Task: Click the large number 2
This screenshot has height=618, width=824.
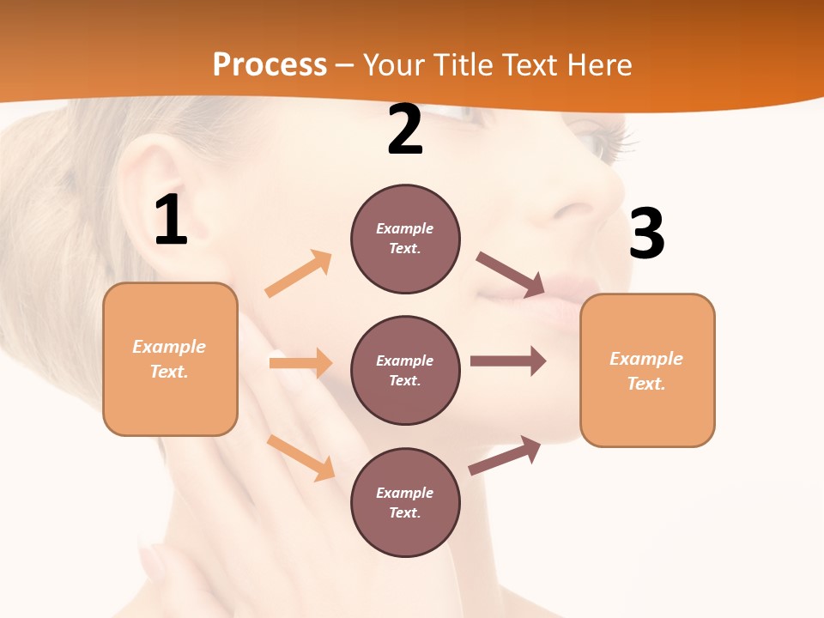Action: [404, 130]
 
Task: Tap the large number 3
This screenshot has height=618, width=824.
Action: [646, 233]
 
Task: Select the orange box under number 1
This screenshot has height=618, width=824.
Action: [170, 359]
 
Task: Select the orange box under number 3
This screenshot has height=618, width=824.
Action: [647, 370]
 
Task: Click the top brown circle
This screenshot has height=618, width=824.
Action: [405, 239]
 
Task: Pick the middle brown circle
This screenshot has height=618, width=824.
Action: [405, 370]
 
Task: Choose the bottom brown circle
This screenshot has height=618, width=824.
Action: [405, 502]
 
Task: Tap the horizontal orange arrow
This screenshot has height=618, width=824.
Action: [300, 363]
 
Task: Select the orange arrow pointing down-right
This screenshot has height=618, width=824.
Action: [301, 457]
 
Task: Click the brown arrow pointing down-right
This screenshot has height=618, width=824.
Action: [512, 274]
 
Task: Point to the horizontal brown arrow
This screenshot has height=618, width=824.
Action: [508, 361]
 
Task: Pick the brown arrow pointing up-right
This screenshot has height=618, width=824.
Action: [505, 456]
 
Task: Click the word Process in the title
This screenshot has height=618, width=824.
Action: [270, 64]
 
